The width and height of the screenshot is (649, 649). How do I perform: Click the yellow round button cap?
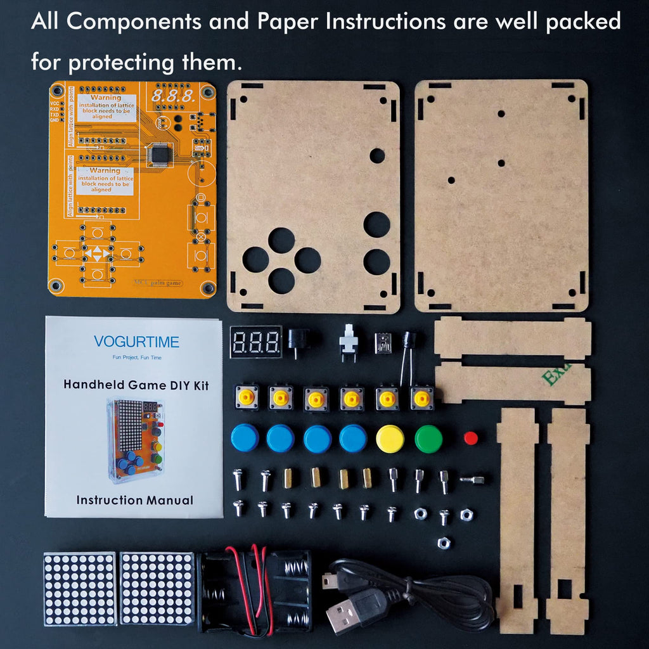tap(390, 438)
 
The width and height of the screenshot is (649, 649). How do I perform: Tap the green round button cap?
tap(428, 438)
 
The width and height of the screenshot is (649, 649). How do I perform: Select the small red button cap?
tap(470, 437)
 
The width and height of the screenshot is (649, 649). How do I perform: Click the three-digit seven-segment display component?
tap(256, 342)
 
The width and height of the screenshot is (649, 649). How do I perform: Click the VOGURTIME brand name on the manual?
tap(136, 342)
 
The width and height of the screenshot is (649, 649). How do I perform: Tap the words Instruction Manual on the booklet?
tap(134, 500)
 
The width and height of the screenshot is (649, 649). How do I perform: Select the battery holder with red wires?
tap(254, 591)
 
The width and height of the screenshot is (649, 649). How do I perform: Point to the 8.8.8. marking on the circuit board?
tap(172, 97)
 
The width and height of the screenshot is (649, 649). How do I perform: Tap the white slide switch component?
tap(348, 340)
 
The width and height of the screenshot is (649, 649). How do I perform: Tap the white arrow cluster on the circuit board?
tap(97, 254)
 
